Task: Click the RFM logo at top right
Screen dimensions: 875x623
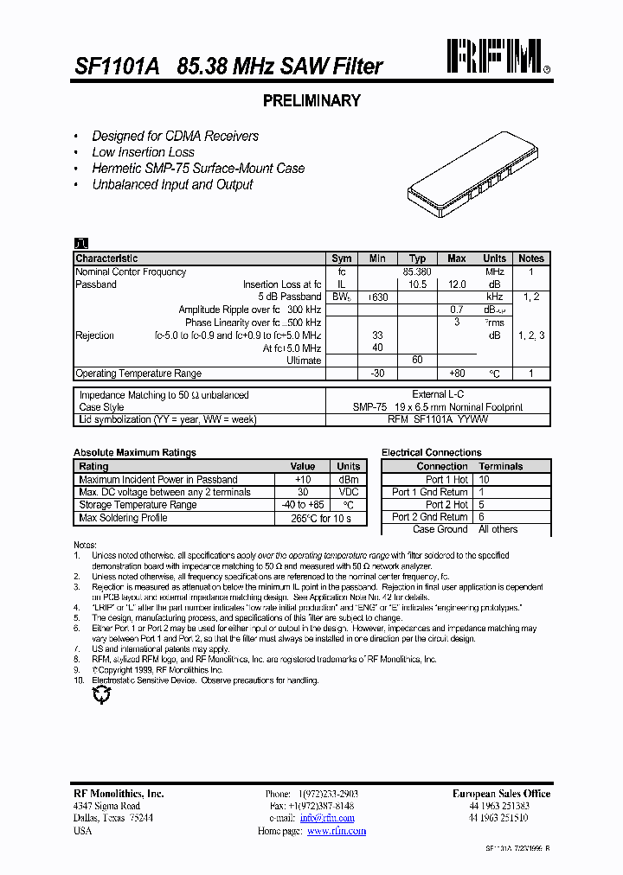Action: point(495,57)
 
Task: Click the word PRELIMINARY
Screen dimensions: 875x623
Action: point(311,101)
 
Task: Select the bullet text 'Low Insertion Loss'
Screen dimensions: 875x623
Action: point(143,152)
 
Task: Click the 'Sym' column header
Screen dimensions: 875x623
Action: point(342,259)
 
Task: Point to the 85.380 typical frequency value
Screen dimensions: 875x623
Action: point(417,271)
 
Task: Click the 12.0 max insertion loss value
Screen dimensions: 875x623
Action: point(457,284)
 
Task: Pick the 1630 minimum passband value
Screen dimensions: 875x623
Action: point(377,297)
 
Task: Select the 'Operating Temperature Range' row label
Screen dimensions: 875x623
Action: point(138,374)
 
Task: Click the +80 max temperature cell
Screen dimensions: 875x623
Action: point(457,374)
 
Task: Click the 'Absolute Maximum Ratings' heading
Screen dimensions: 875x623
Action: point(135,452)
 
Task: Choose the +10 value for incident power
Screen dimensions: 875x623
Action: point(303,479)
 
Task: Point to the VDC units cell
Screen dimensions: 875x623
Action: point(349,492)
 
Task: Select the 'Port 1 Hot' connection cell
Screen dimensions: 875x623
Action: point(446,479)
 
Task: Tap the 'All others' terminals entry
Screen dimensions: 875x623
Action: point(498,529)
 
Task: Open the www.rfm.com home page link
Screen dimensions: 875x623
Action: point(337,831)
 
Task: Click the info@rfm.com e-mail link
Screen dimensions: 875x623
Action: point(327,818)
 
